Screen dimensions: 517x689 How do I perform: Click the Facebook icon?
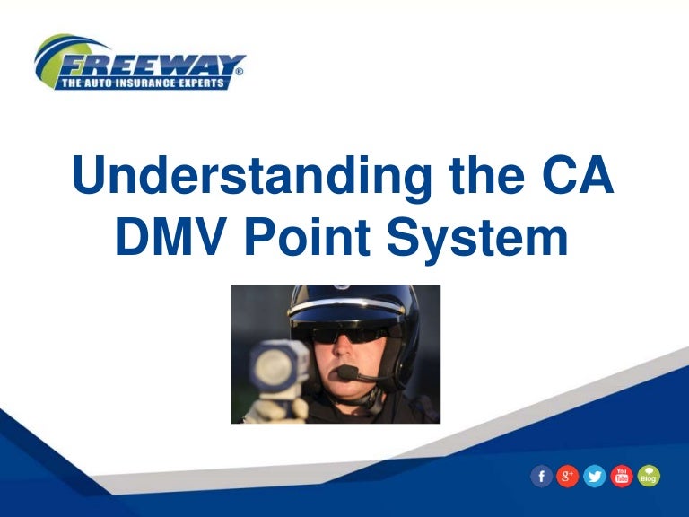click(x=541, y=477)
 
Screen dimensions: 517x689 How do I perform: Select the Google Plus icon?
click(x=567, y=477)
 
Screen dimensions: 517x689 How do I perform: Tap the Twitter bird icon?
click(x=594, y=477)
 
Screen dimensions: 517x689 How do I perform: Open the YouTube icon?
click(x=621, y=477)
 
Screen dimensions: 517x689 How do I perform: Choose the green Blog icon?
click(x=648, y=477)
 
